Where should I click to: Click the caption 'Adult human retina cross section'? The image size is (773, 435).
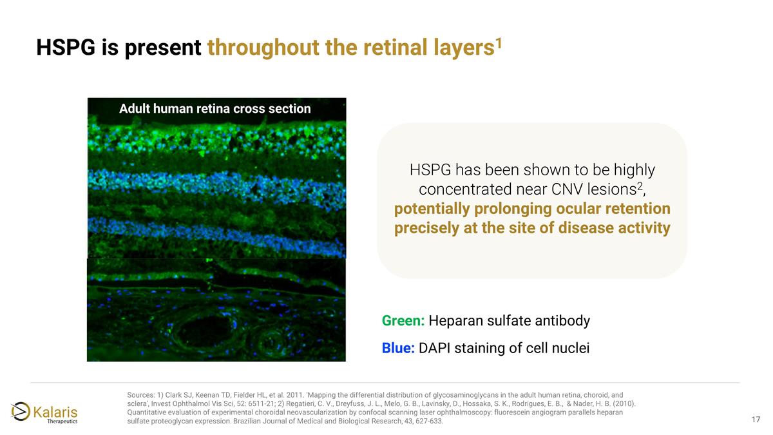[215, 109]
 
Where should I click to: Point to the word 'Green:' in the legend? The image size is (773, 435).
[403, 321]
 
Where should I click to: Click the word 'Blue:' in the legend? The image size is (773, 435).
[398, 349]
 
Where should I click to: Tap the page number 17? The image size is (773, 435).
[756, 420]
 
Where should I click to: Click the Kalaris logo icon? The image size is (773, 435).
[20, 411]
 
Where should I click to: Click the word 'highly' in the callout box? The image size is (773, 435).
[633, 171]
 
